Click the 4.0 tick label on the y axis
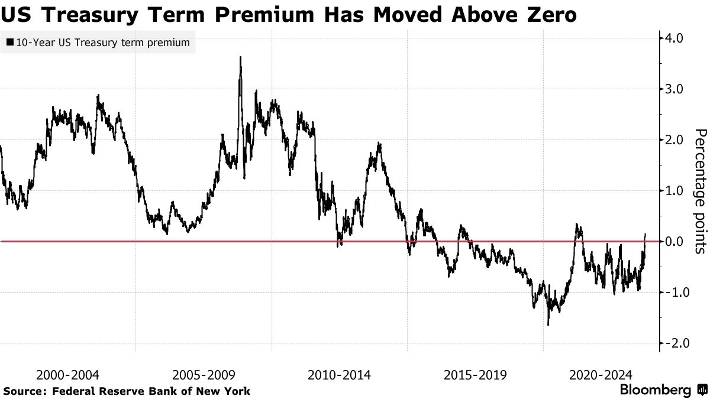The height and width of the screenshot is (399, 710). [674, 38]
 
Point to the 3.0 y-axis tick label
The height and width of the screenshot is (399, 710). [674, 89]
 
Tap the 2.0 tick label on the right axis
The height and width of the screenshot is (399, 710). [674, 140]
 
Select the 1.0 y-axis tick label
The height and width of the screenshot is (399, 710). [674, 191]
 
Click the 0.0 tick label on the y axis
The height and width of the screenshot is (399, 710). [674, 242]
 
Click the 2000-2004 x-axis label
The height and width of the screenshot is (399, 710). [67, 375]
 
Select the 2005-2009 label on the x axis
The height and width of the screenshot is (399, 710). [204, 375]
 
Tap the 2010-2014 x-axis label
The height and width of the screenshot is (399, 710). [340, 375]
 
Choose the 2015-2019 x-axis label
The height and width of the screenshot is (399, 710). [475, 375]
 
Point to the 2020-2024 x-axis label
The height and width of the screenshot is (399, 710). [600, 375]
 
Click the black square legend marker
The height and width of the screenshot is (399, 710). [9, 43]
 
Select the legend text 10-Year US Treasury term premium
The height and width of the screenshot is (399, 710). [103, 43]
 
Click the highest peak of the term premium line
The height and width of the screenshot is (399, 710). [240, 57]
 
